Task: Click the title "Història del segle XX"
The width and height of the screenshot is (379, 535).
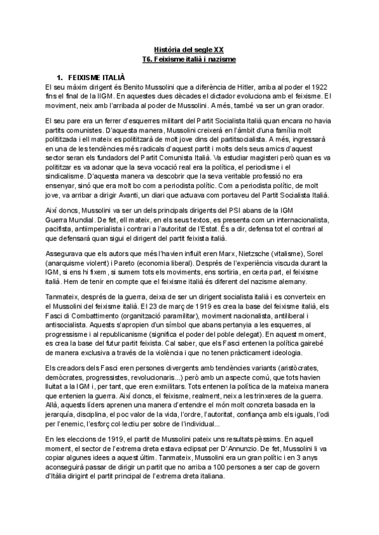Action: tap(189, 49)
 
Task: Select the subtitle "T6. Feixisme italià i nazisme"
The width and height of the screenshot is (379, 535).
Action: tap(189, 59)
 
